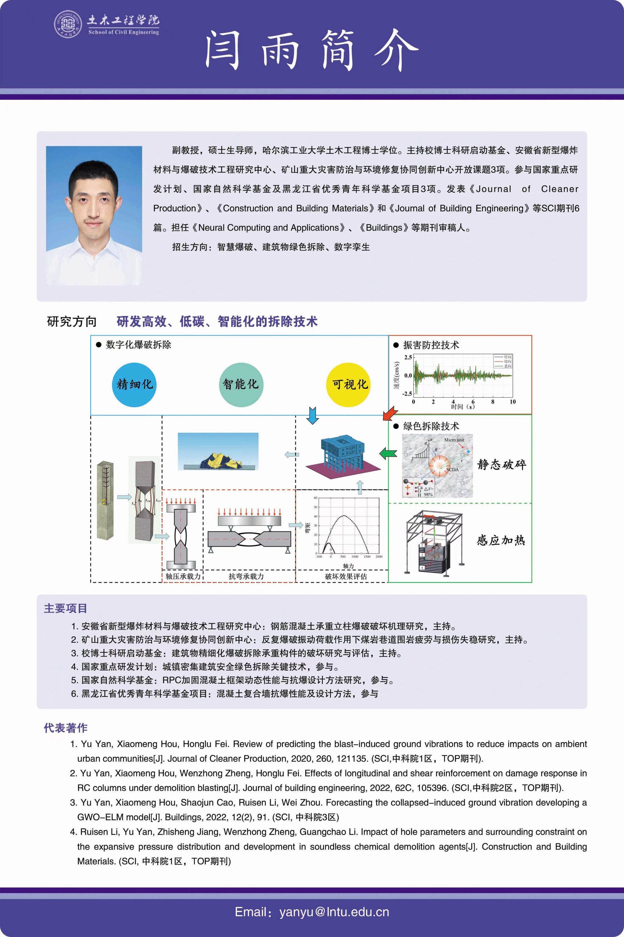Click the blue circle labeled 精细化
pos(134,384)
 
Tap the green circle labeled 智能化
pos(241,384)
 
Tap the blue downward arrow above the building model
pos(313,415)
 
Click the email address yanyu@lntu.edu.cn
pos(334,912)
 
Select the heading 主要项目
pos(65,608)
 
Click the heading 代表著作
pos(65,728)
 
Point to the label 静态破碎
pos(502,465)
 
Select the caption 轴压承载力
pos(183,576)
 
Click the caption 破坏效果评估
pos(346,576)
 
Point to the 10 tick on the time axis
pos(512,402)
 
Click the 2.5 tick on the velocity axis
pos(408,357)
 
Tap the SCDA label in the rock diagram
pos(452,470)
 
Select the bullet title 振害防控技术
pos(431,345)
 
